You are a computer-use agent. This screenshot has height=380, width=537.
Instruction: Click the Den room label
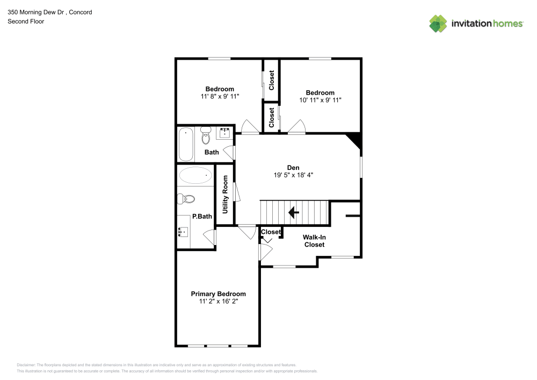pos(293,167)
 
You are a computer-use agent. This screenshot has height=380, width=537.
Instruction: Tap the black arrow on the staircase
pos(294,213)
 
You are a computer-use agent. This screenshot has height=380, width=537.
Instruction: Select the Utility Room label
pos(225,195)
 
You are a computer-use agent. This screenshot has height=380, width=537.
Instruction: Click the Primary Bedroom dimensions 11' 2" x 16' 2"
pos(218,302)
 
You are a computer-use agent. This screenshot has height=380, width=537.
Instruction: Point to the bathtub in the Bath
pos(186,144)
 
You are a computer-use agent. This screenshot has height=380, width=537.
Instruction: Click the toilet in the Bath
pos(206,137)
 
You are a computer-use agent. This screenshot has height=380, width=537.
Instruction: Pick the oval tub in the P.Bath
pos(195,175)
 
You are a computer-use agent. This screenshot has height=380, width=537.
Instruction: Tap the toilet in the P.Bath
pos(186,198)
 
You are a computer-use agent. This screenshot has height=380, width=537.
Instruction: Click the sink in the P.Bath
pos(183,232)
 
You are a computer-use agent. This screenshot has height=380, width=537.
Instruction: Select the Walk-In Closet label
pos(314,240)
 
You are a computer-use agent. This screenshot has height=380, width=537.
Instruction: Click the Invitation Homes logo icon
pos(438,23)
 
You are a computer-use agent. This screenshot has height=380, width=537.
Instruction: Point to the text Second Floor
pos(26,21)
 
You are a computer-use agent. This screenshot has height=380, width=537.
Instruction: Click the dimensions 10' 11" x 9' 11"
pos(320,100)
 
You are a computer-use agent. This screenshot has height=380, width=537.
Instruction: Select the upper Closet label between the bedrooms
pos(272,80)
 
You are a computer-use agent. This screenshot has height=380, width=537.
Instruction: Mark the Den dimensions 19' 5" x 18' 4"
pos(293,175)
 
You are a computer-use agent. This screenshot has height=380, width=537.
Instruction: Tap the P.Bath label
pos(202,217)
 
